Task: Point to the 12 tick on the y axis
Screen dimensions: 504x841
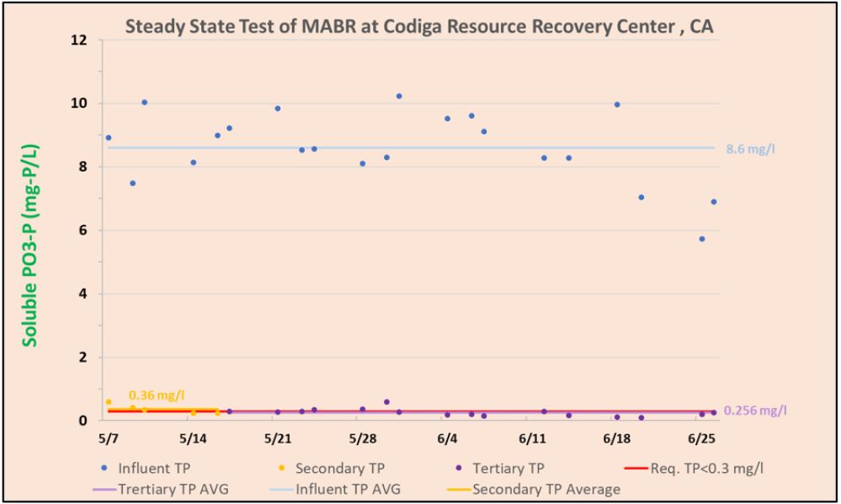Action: click(x=81, y=40)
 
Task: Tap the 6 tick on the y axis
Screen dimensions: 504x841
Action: click(x=84, y=230)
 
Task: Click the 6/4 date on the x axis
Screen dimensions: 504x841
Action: click(x=447, y=438)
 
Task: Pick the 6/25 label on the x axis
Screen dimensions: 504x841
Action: click(x=701, y=438)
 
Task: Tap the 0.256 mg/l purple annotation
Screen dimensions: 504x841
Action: click(x=755, y=411)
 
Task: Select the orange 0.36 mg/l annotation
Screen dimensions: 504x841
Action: click(x=157, y=395)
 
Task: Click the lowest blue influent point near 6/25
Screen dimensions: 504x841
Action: click(x=701, y=239)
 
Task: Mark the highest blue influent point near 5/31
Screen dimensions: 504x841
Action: click(x=399, y=96)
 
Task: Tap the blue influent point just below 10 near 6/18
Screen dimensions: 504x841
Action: click(x=617, y=104)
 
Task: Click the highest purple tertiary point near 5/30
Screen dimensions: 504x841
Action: click(x=386, y=402)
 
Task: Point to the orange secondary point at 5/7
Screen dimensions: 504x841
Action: click(x=109, y=402)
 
